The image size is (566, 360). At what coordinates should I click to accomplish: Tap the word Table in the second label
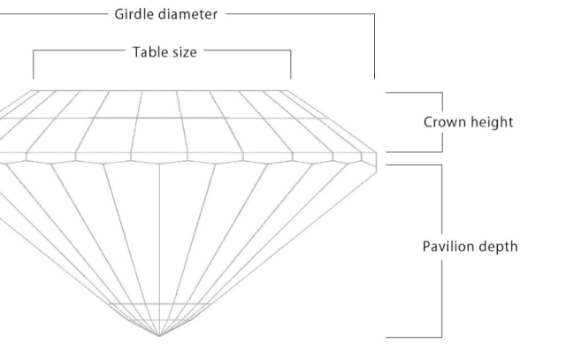149,51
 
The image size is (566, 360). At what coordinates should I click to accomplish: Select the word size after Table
187,51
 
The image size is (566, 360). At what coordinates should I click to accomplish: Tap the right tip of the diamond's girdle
378,157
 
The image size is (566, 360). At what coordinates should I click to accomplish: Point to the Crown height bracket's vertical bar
440,122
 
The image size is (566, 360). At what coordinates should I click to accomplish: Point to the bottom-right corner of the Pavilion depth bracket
440,337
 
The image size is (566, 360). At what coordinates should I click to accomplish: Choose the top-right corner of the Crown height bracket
440,91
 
